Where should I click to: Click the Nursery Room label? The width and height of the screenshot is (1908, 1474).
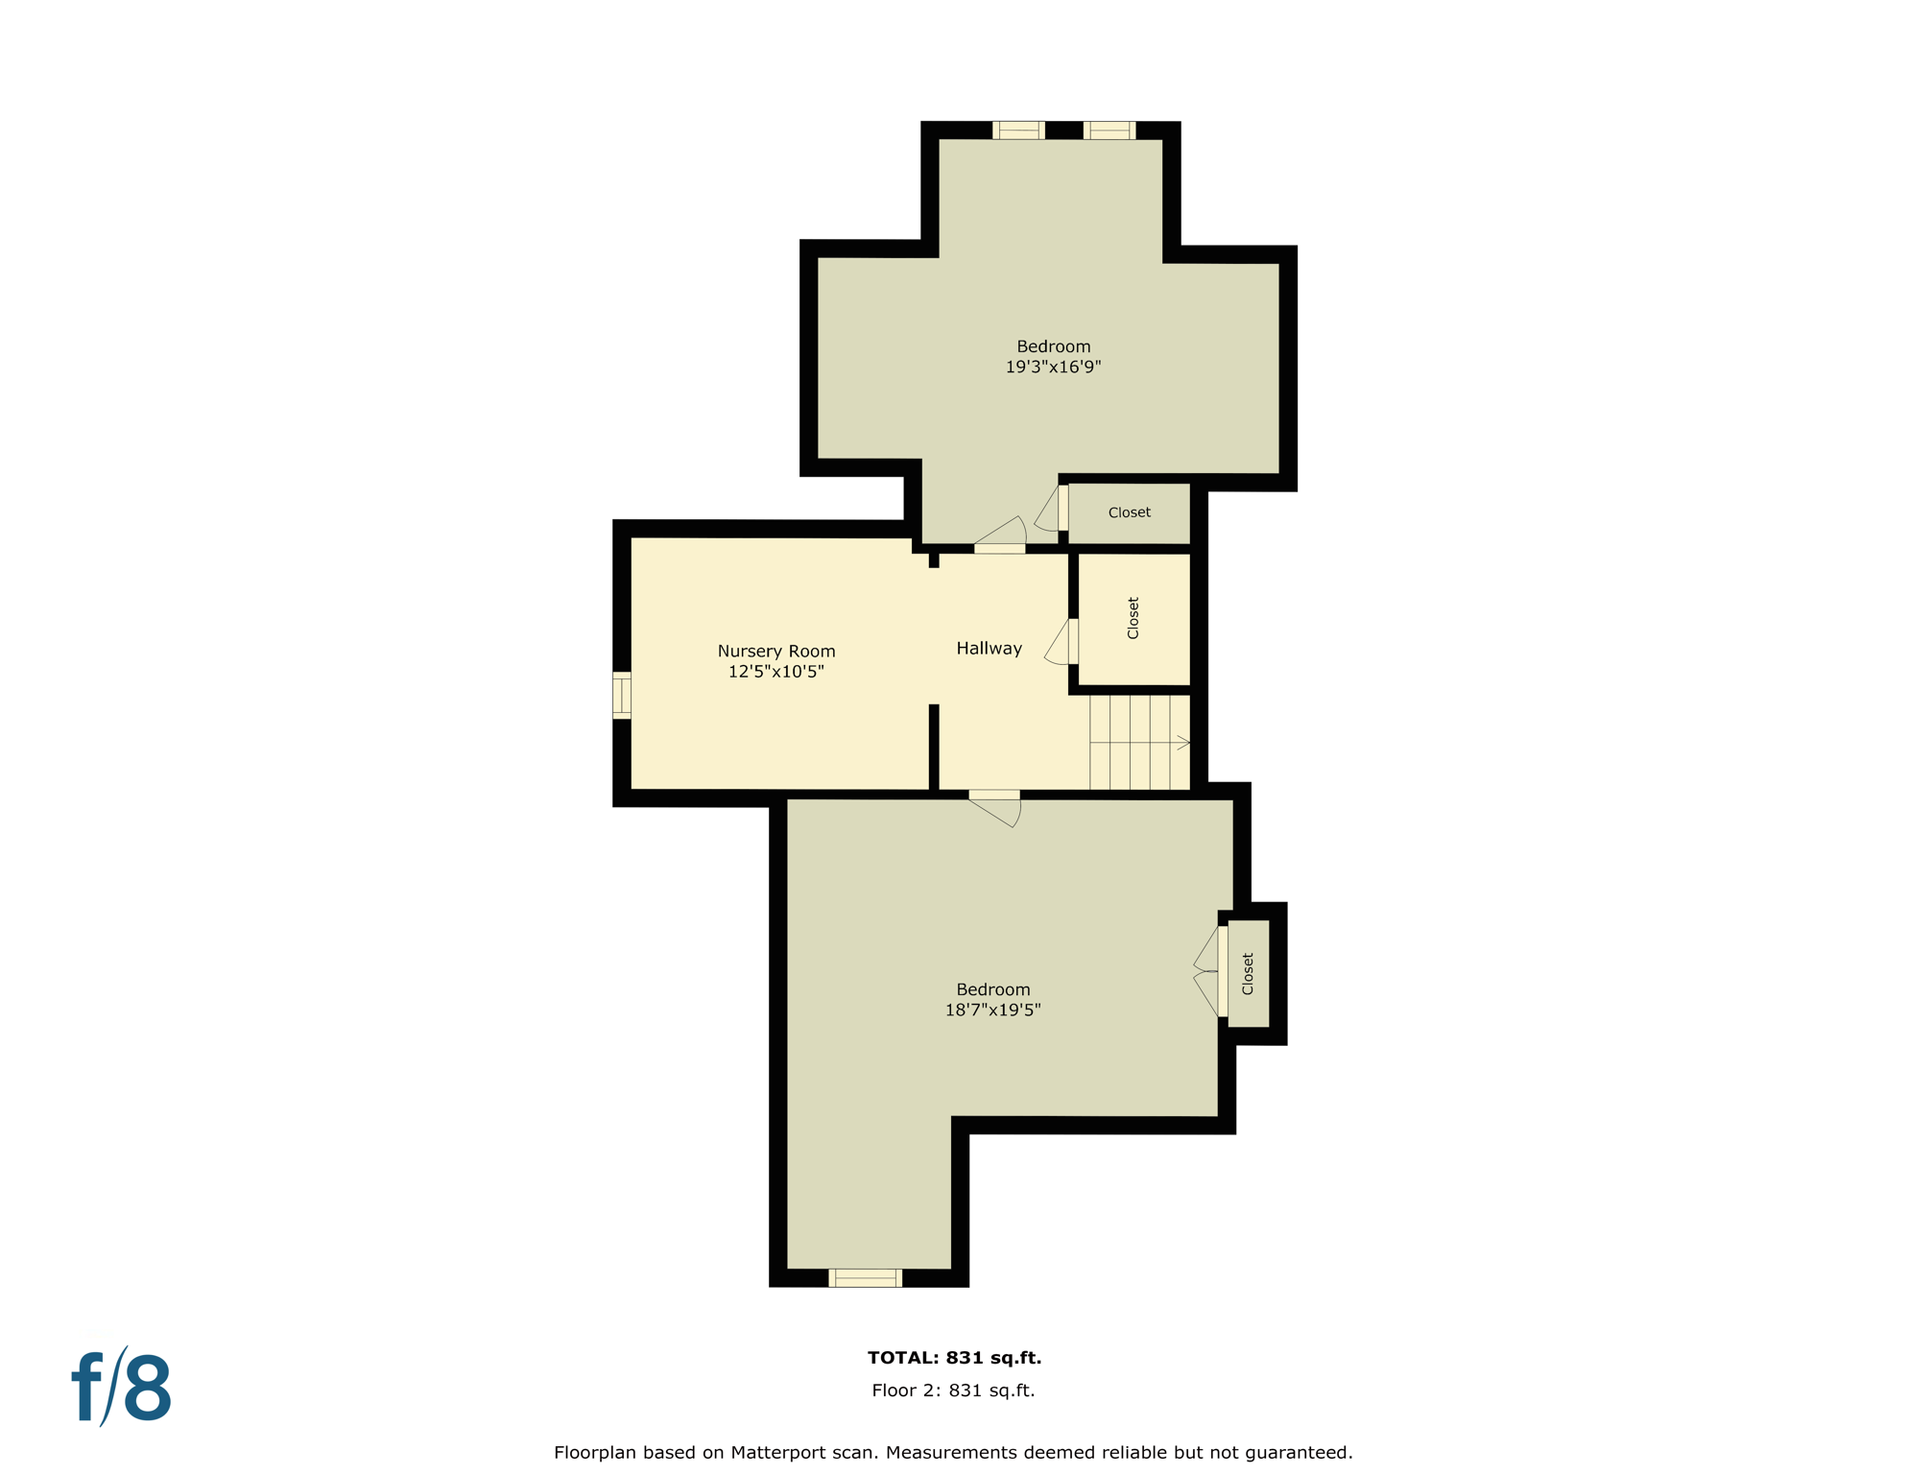click(775, 651)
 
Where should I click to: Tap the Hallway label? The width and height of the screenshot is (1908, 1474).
click(989, 649)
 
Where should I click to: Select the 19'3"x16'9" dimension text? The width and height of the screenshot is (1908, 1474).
click(1053, 367)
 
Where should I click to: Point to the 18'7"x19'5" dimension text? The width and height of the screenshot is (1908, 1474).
click(992, 1010)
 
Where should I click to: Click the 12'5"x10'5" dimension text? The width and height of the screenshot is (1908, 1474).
click(775, 672)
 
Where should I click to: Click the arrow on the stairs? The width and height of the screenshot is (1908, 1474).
click(1183, 743)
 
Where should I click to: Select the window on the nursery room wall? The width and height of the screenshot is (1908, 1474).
click(622, 695)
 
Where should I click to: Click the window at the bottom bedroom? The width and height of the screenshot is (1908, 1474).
click(865, 1277)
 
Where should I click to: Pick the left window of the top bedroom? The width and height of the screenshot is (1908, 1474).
click(1017, 131)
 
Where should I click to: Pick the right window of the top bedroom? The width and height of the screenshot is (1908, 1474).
click(1109, 131)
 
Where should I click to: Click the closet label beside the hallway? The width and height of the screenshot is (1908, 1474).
click(1133, 618)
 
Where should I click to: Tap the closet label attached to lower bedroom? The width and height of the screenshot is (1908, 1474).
click(1248, 973)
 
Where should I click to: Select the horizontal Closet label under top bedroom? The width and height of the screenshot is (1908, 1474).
click(1129, 512)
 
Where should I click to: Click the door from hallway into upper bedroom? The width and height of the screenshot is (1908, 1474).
click(1000, 538)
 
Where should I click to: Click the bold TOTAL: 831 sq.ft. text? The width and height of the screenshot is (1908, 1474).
click(954, 1357)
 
